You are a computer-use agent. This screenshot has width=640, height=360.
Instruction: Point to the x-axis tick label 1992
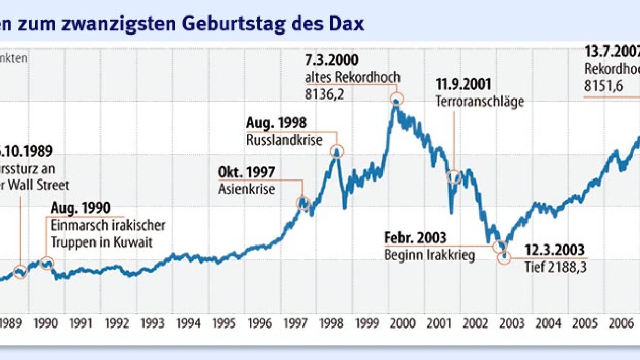(117, 323)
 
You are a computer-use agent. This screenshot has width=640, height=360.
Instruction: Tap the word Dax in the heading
(347, 24)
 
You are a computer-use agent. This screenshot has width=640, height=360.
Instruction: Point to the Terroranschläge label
(479, 102)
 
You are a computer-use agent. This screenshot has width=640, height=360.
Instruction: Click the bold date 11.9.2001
(464, 85)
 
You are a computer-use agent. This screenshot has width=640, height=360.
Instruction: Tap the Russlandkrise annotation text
(284, 139)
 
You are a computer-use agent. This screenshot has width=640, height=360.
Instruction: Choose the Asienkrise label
(247, 189)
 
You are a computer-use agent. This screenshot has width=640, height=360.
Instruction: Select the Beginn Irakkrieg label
(429, 255)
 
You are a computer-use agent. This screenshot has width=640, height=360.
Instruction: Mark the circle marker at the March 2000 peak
(397, 99)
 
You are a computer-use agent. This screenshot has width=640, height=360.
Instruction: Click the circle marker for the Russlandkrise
(337, 151)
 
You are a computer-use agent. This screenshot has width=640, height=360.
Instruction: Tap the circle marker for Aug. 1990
(47, 264)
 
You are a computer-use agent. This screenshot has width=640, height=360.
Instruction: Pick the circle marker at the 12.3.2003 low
(504, 258)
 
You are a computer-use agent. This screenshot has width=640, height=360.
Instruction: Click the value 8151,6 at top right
(603, 86)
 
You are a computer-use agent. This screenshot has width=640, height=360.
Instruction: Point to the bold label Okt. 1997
(247, 172)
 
